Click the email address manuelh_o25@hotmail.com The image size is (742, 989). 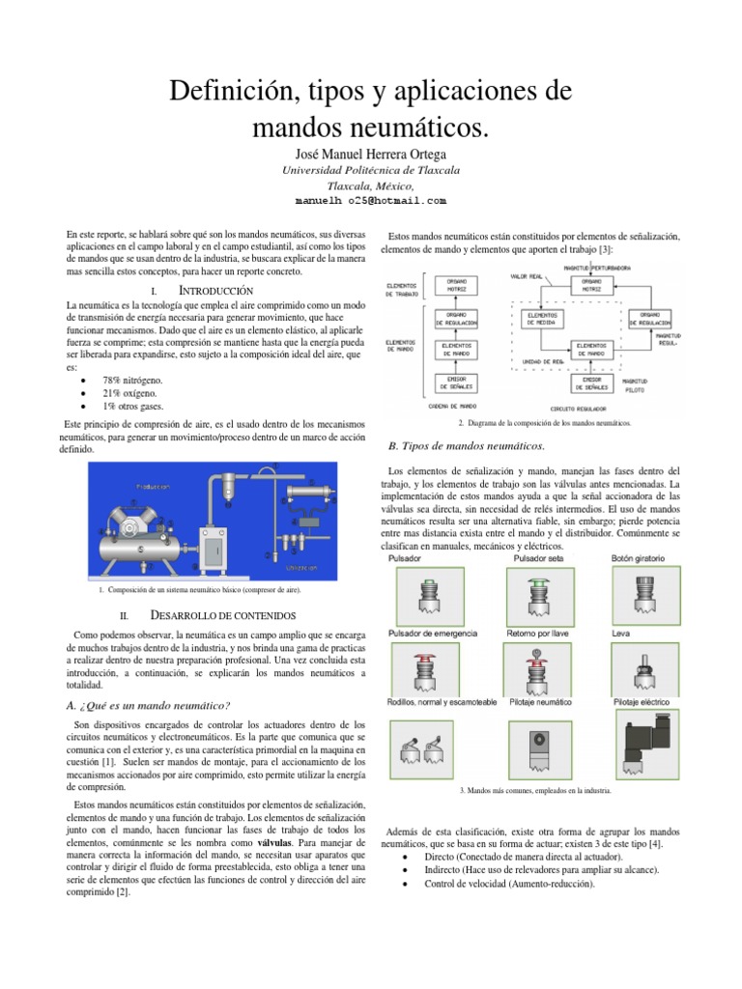click(x=370, y=201)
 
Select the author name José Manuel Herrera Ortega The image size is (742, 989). click(x=370, y=155)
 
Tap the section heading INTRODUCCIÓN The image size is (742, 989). click(x=216, y=291)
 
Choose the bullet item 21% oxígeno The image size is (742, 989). click(x=140, y=394)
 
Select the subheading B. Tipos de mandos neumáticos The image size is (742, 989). click(x=466, y=445)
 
